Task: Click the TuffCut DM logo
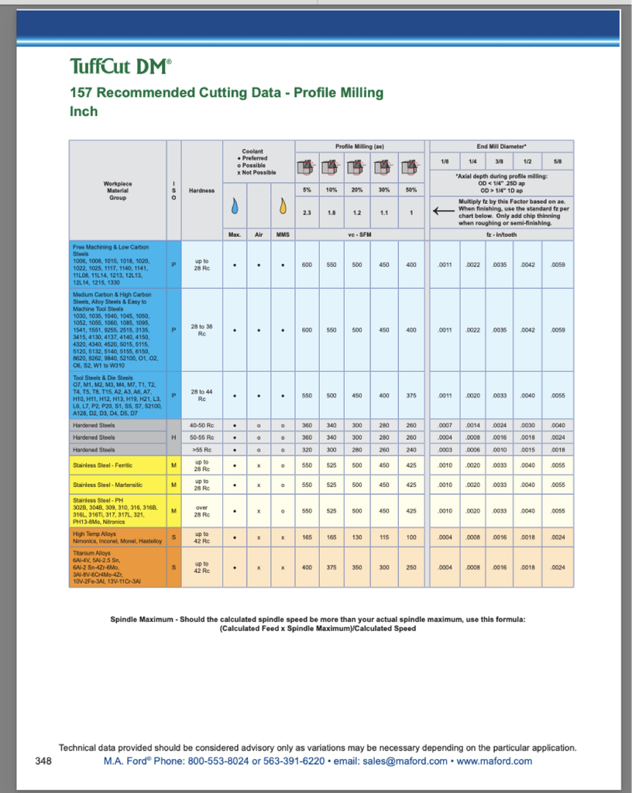tap(121, 67)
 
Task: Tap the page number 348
tap(43, 761)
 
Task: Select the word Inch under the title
tap(84, 112)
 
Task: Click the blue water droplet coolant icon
tap(235, 207)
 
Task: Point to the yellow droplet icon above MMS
tap(283, 207)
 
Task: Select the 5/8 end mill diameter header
tap(558, 161)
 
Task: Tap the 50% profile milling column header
tap(410, 190)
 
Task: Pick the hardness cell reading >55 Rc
tap(202, 449)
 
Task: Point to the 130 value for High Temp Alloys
tap(357, 537)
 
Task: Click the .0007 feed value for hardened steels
tap(445, 425)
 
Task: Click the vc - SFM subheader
tap(359, 233)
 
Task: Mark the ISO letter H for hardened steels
tap(173, 438)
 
